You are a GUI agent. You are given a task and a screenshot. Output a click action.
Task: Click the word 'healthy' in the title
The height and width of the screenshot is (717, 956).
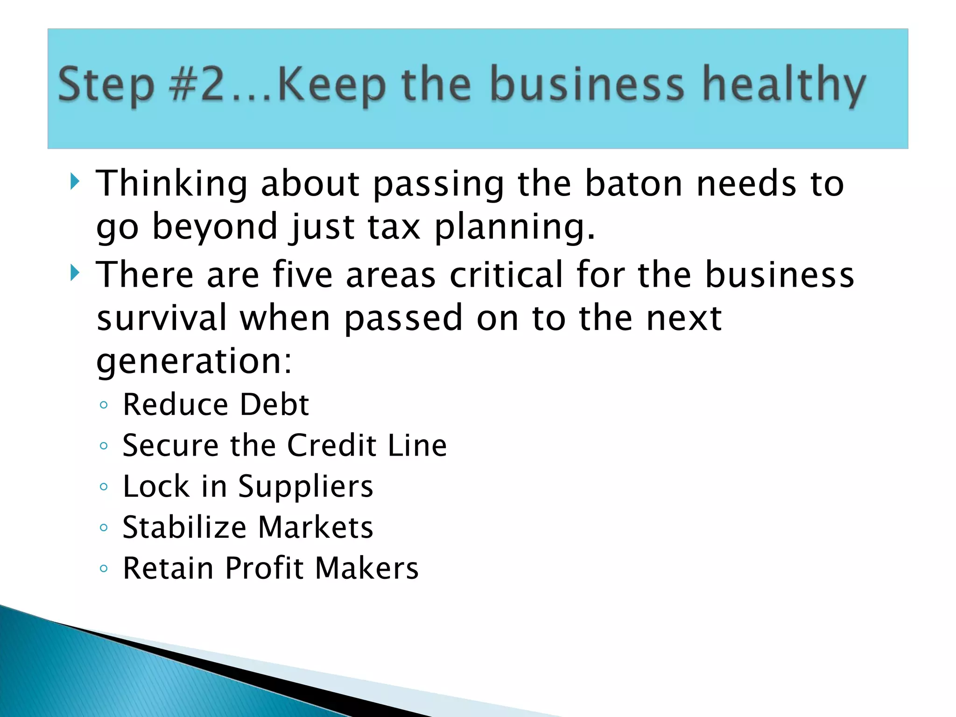(x=784, y=85)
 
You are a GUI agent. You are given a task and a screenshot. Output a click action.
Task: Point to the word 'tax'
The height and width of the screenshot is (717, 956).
(x=394, y=226)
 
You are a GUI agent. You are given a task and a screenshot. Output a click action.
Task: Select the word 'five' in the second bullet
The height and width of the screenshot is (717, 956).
(x=302, y=274)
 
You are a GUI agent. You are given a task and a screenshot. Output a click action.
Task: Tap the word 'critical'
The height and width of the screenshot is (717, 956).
(x=506, y=274)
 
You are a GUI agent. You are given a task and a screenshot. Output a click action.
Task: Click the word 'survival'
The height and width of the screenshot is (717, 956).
(x=162, y=317)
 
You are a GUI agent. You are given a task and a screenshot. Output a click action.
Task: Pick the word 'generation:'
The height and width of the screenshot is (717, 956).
(x=194, y=361)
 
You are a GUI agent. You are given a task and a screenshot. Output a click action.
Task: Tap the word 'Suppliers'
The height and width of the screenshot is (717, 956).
(x=306, y=486)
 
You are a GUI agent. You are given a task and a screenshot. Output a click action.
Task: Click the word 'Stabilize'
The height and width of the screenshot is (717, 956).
(x=184, y=527)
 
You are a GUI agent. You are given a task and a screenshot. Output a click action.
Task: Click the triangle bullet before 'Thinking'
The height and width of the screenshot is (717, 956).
(x=75, y=181)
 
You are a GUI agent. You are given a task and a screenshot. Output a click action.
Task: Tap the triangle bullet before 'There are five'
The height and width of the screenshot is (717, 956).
(x=75, y=272)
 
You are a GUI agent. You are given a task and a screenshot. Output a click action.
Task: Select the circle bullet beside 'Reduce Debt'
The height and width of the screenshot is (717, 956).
(x=104, y=405)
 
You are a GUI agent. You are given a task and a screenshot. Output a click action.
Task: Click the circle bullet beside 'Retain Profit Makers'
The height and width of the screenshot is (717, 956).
(x=104, y=569)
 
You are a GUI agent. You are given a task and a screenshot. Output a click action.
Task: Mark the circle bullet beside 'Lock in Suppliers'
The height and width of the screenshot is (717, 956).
(x=104, y=487)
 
